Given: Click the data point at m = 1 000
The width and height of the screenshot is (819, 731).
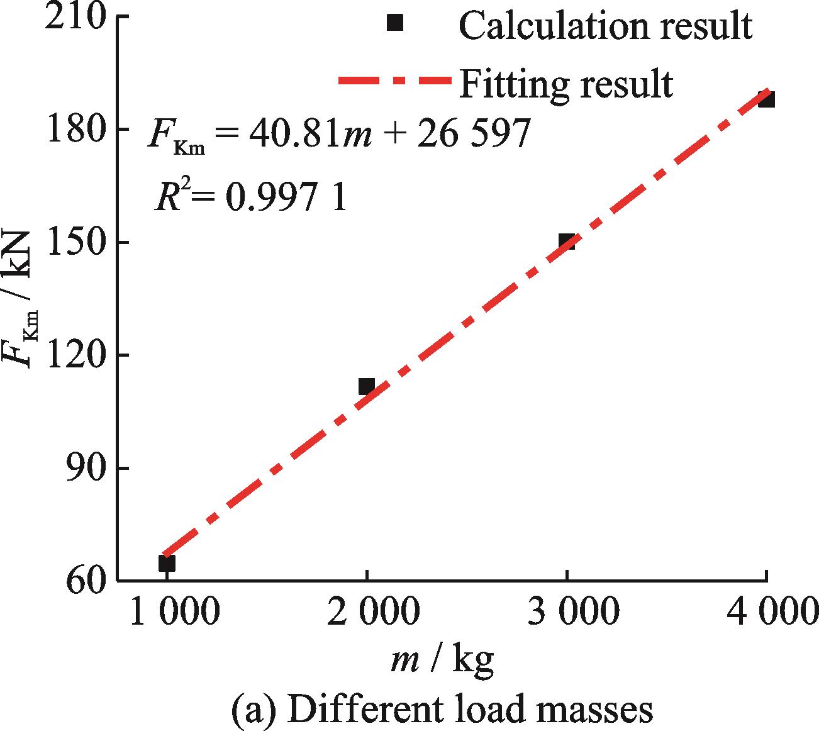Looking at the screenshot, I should pyautogui.click(x=167, y=563).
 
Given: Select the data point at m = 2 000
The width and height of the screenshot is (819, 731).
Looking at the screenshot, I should pyautogui.click(x=367, y=386).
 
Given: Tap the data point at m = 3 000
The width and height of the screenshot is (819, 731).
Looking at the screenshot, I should pyautogui.click(x=567, y=242).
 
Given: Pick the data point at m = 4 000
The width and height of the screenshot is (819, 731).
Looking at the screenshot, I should pyautogui.click(x=766, y=99).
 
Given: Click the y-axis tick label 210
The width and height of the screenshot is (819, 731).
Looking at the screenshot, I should pyautogui.click(x=74, y=18).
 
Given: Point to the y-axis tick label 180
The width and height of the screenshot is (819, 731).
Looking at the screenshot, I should pyautogui.click(x=74, y=130).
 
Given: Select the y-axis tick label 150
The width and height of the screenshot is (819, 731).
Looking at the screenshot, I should pyautogui.click(x=74, y=243).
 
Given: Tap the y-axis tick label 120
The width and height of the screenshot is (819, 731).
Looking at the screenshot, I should pyautogui.click(x=74, y=355).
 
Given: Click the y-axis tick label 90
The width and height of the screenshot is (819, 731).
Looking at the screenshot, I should pyautogui.click(x=85, y=469).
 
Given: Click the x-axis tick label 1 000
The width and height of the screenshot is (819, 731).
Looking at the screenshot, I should pyautogui.click(x=174, y=611).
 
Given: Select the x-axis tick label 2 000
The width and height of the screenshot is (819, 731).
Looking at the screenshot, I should pyautogui.click(x=372, y=611).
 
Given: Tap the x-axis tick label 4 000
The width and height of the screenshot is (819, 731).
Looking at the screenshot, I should pyautogui.click(x=772, y=611).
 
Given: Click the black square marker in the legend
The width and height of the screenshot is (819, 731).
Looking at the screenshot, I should pyautogui.click(x=394, y=23).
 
